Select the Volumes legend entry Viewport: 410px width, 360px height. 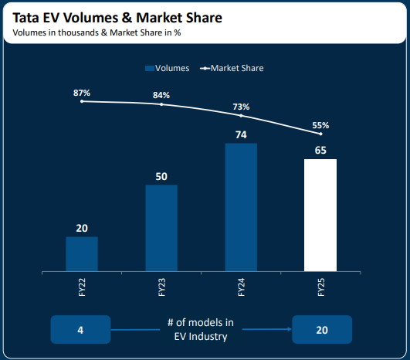coord(168,68)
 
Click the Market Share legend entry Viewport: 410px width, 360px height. coord(232,68)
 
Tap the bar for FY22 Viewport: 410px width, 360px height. coord(81,254)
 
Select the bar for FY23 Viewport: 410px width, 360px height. coord(161,228)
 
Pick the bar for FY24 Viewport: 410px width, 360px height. coord(241,207)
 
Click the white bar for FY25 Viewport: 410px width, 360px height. coord(320,216)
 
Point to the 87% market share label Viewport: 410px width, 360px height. coord(81,92)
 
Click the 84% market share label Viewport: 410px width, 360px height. coord(161,95)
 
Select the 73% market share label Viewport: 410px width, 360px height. coord(241,107)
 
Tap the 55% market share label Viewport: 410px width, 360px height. coord(320,124)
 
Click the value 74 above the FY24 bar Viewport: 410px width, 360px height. coord(241,134)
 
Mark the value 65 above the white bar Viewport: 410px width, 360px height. coord(320,150)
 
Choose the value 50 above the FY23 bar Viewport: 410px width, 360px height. coord(161,176)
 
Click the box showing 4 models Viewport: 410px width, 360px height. coord(80,330)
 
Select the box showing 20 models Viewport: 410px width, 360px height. coord(321,330)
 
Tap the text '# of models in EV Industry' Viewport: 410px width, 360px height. coord(200,329)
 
